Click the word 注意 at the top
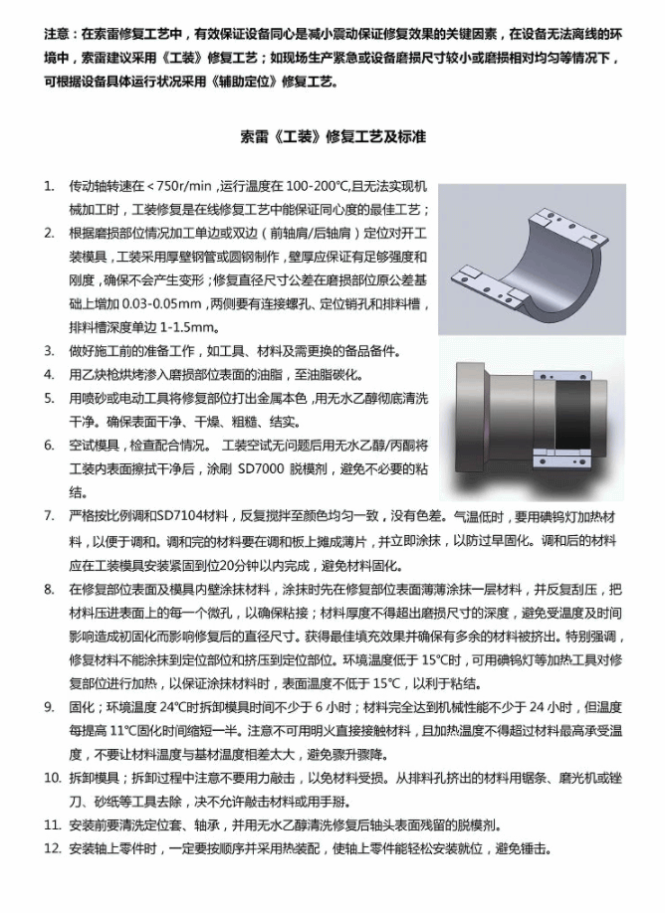(57, 34)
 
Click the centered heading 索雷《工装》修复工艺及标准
(333, 136)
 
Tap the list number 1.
(49, 186)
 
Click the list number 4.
(49, 375)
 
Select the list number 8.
(49, 589)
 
